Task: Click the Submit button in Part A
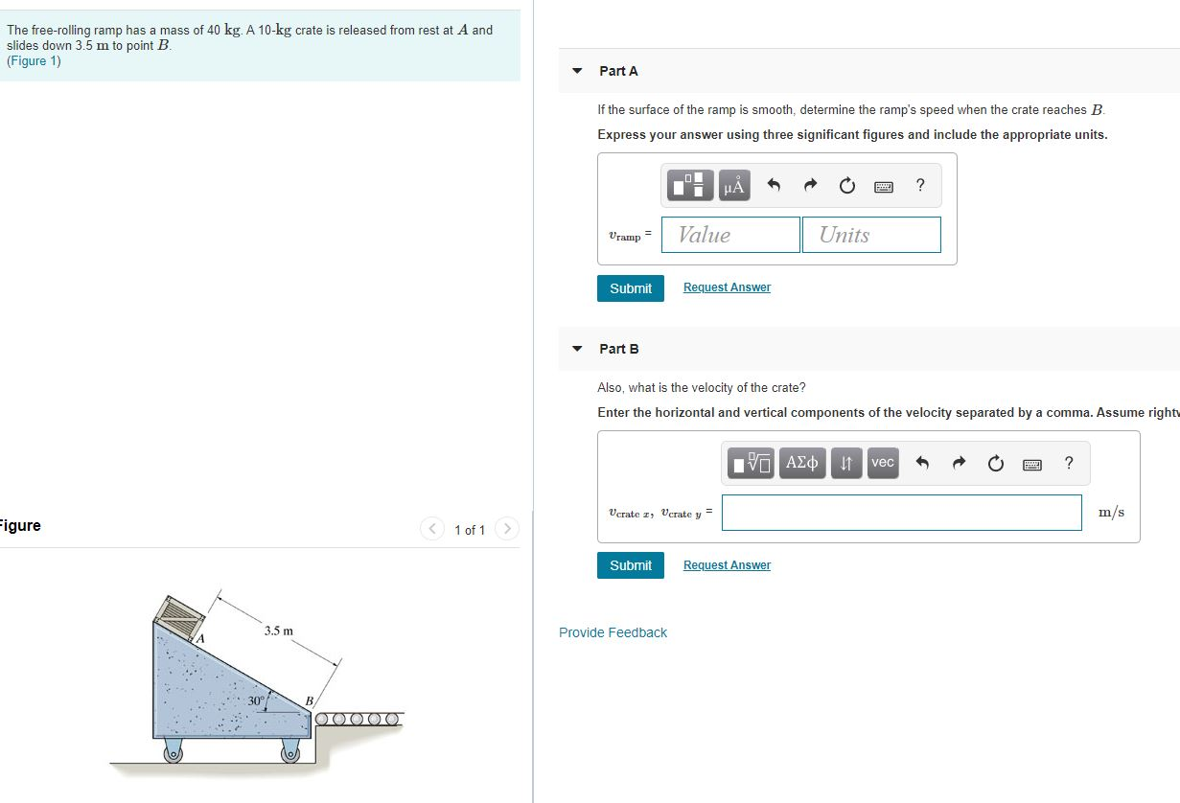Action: tap(630, 288)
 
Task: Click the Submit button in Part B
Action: tap(630, 565)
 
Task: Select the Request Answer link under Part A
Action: tap(727, 287)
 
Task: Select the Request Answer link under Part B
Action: tap(727, 565)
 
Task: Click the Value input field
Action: tap(730, 235)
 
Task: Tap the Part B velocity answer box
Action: tap(901, 513)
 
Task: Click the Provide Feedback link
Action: tap(613, 632)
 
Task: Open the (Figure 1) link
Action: tap(34, 61)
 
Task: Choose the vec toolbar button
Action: tap(883, 463)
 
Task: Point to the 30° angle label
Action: tap(256, 701)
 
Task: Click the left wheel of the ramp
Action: tap(174, 751)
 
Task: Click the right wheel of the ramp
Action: tap(290, 751)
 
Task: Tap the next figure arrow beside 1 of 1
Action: tap(507, 529)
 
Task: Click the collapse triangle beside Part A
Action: tap(577, 71)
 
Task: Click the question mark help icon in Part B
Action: tap(1069, 464)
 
